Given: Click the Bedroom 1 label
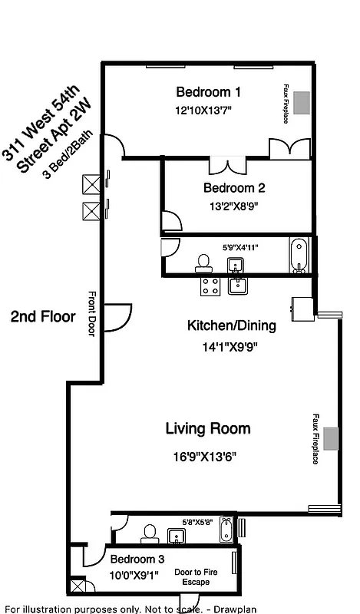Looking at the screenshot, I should [x=208, y=92].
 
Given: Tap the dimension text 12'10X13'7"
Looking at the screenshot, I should [x=203, y=111].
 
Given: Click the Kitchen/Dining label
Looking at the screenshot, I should [x=231, y=325].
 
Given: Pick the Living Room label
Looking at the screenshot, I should [x=208, y=428].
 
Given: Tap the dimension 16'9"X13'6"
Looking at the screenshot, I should [x=204, y=456].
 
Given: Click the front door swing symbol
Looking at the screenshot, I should [x=117, y=315].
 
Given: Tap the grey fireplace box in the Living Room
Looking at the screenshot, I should [x=331, y=438].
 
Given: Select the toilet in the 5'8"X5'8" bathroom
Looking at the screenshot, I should [x=150, y=533].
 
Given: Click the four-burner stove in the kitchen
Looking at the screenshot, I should [x=210, y=286].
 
